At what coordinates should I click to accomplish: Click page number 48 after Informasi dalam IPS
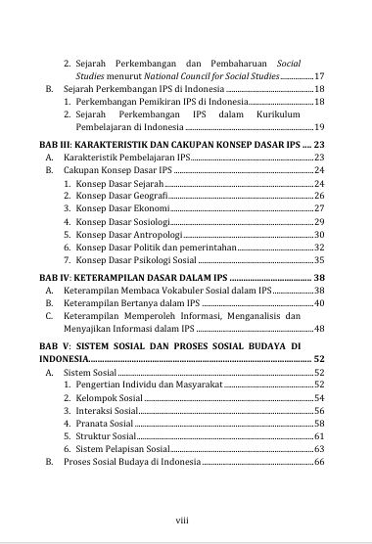click(x=317, y=331)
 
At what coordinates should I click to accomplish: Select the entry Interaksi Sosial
click(x=107, y=412)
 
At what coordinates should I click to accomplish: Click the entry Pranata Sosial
click(x=105, y=425)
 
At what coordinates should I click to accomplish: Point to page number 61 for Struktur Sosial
click(x=318, y=437)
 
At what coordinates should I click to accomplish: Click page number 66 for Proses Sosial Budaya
click(x=318, y=462)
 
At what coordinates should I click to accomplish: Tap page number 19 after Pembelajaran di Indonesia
click(x=318, y=128)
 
